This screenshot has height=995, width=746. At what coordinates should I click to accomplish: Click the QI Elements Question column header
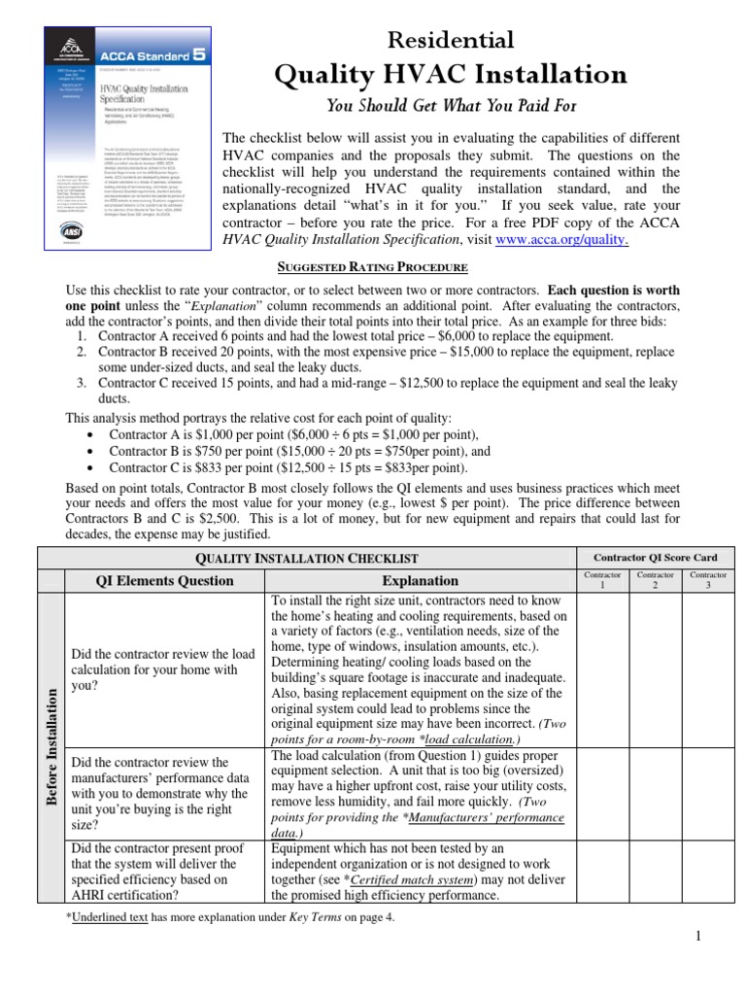pyautogui.click(x=163, y=580)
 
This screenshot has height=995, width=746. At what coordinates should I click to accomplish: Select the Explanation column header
pyautogui.click(x=420, y=580)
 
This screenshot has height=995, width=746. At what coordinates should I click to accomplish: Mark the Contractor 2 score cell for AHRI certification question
pyautogui.click(x=655, y=872)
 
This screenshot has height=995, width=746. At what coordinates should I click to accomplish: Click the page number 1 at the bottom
pyautogui.click(x=725, y=936)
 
